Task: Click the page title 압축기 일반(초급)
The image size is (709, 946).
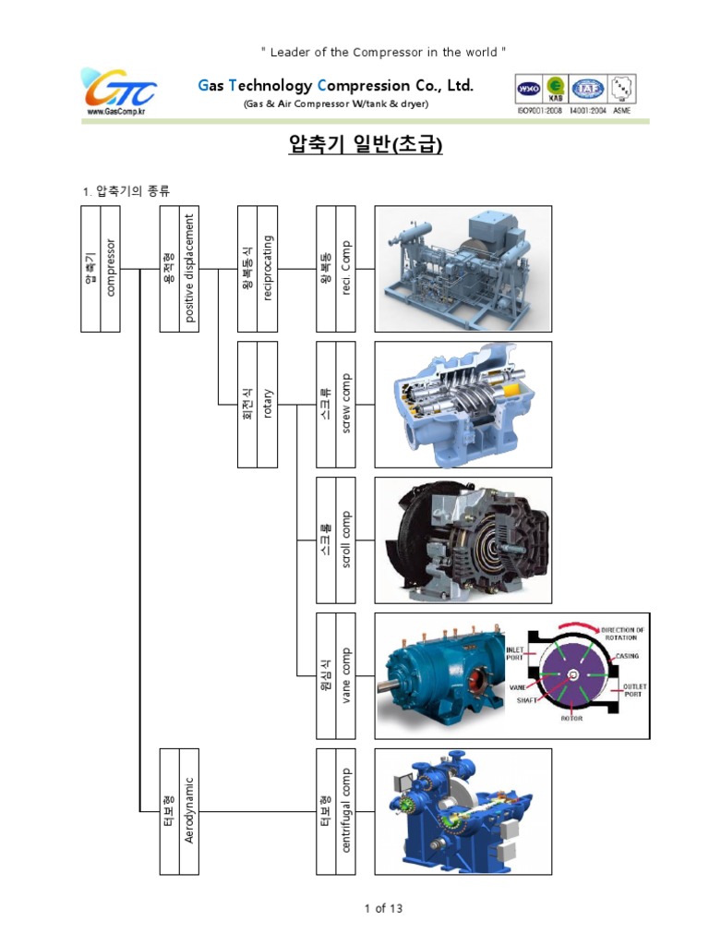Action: [x=354, y=146]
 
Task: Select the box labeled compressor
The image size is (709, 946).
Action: [x=102, y=268]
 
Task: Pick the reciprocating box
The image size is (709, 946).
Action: [x=257, y=268]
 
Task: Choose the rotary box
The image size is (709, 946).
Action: [x=257, y=405]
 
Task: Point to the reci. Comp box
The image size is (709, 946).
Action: [x=335, y=268]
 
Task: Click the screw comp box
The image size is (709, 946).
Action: [x=335, y=405]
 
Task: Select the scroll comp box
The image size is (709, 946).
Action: [x=335, y=540]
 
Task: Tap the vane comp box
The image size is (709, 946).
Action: [x=335, y=676]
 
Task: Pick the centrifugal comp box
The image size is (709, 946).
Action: [x=335, y=811]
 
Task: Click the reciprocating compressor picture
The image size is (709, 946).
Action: [x=463, y=268]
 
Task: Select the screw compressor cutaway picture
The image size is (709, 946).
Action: [x=463, y=405]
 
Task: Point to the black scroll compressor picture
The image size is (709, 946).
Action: [x=463, y=540]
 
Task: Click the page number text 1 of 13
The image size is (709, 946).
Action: [x=383, y=909]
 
